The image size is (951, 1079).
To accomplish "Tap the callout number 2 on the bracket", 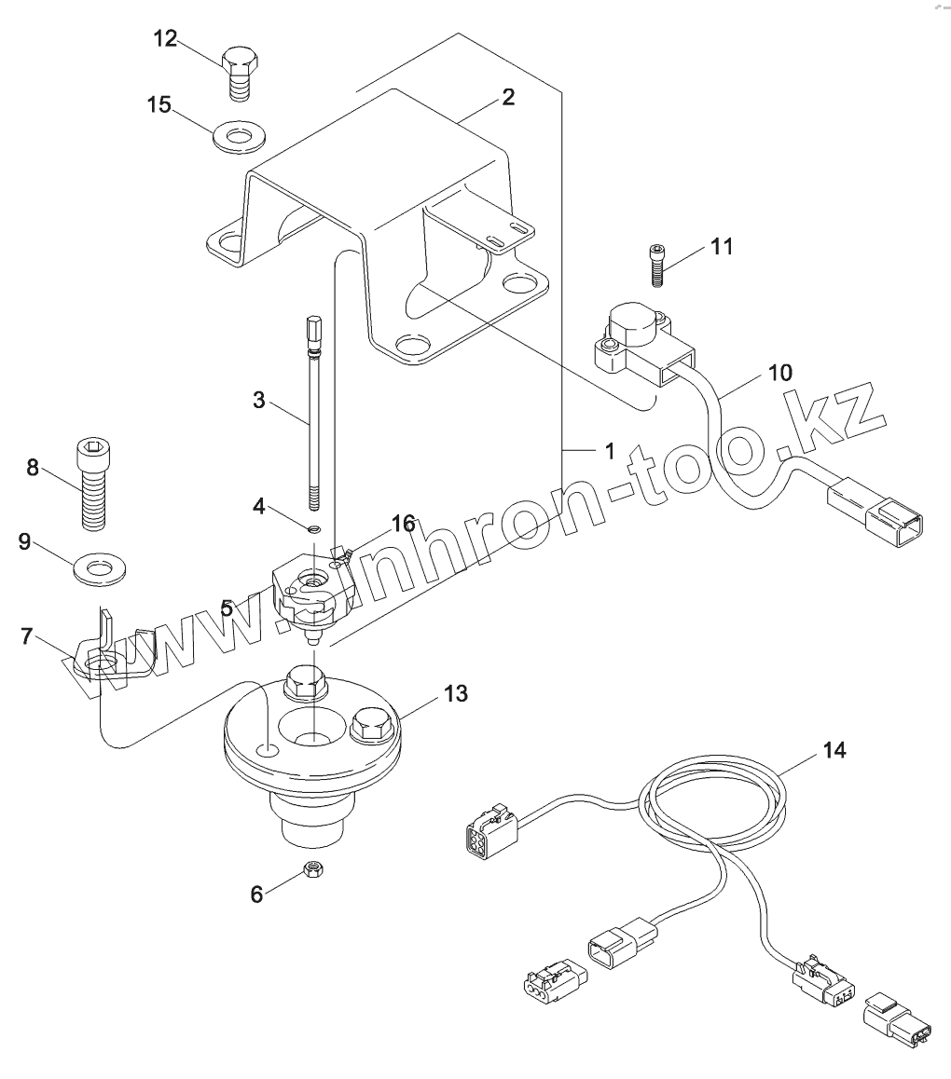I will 508,97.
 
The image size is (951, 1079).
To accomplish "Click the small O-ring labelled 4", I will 313,529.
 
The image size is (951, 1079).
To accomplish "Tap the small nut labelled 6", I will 314,870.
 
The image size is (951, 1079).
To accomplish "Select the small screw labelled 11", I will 657,265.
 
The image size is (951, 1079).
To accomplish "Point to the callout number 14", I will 834,750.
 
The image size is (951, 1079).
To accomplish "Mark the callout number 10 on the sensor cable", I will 780,373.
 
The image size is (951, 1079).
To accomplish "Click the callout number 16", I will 403,525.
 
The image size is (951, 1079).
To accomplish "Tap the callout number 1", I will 609,451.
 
